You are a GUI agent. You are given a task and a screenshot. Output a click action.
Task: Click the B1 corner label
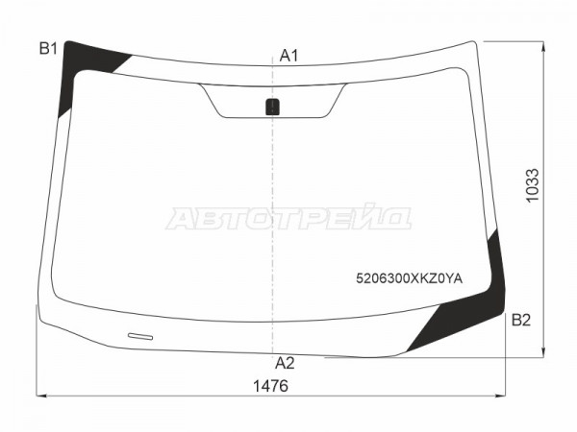49,49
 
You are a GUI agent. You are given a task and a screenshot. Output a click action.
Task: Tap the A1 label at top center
288,56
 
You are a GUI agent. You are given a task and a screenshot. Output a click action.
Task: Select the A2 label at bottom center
285,363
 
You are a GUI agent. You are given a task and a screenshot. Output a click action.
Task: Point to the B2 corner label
521,321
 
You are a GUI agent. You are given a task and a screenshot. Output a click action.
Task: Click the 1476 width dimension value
270,386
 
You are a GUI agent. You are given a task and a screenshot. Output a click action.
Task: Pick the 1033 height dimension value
532,185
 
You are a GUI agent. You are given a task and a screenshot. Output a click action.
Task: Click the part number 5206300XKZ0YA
409,278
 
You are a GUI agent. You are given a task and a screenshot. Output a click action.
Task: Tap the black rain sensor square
273,107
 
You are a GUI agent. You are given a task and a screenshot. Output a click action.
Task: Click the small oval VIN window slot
140,336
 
